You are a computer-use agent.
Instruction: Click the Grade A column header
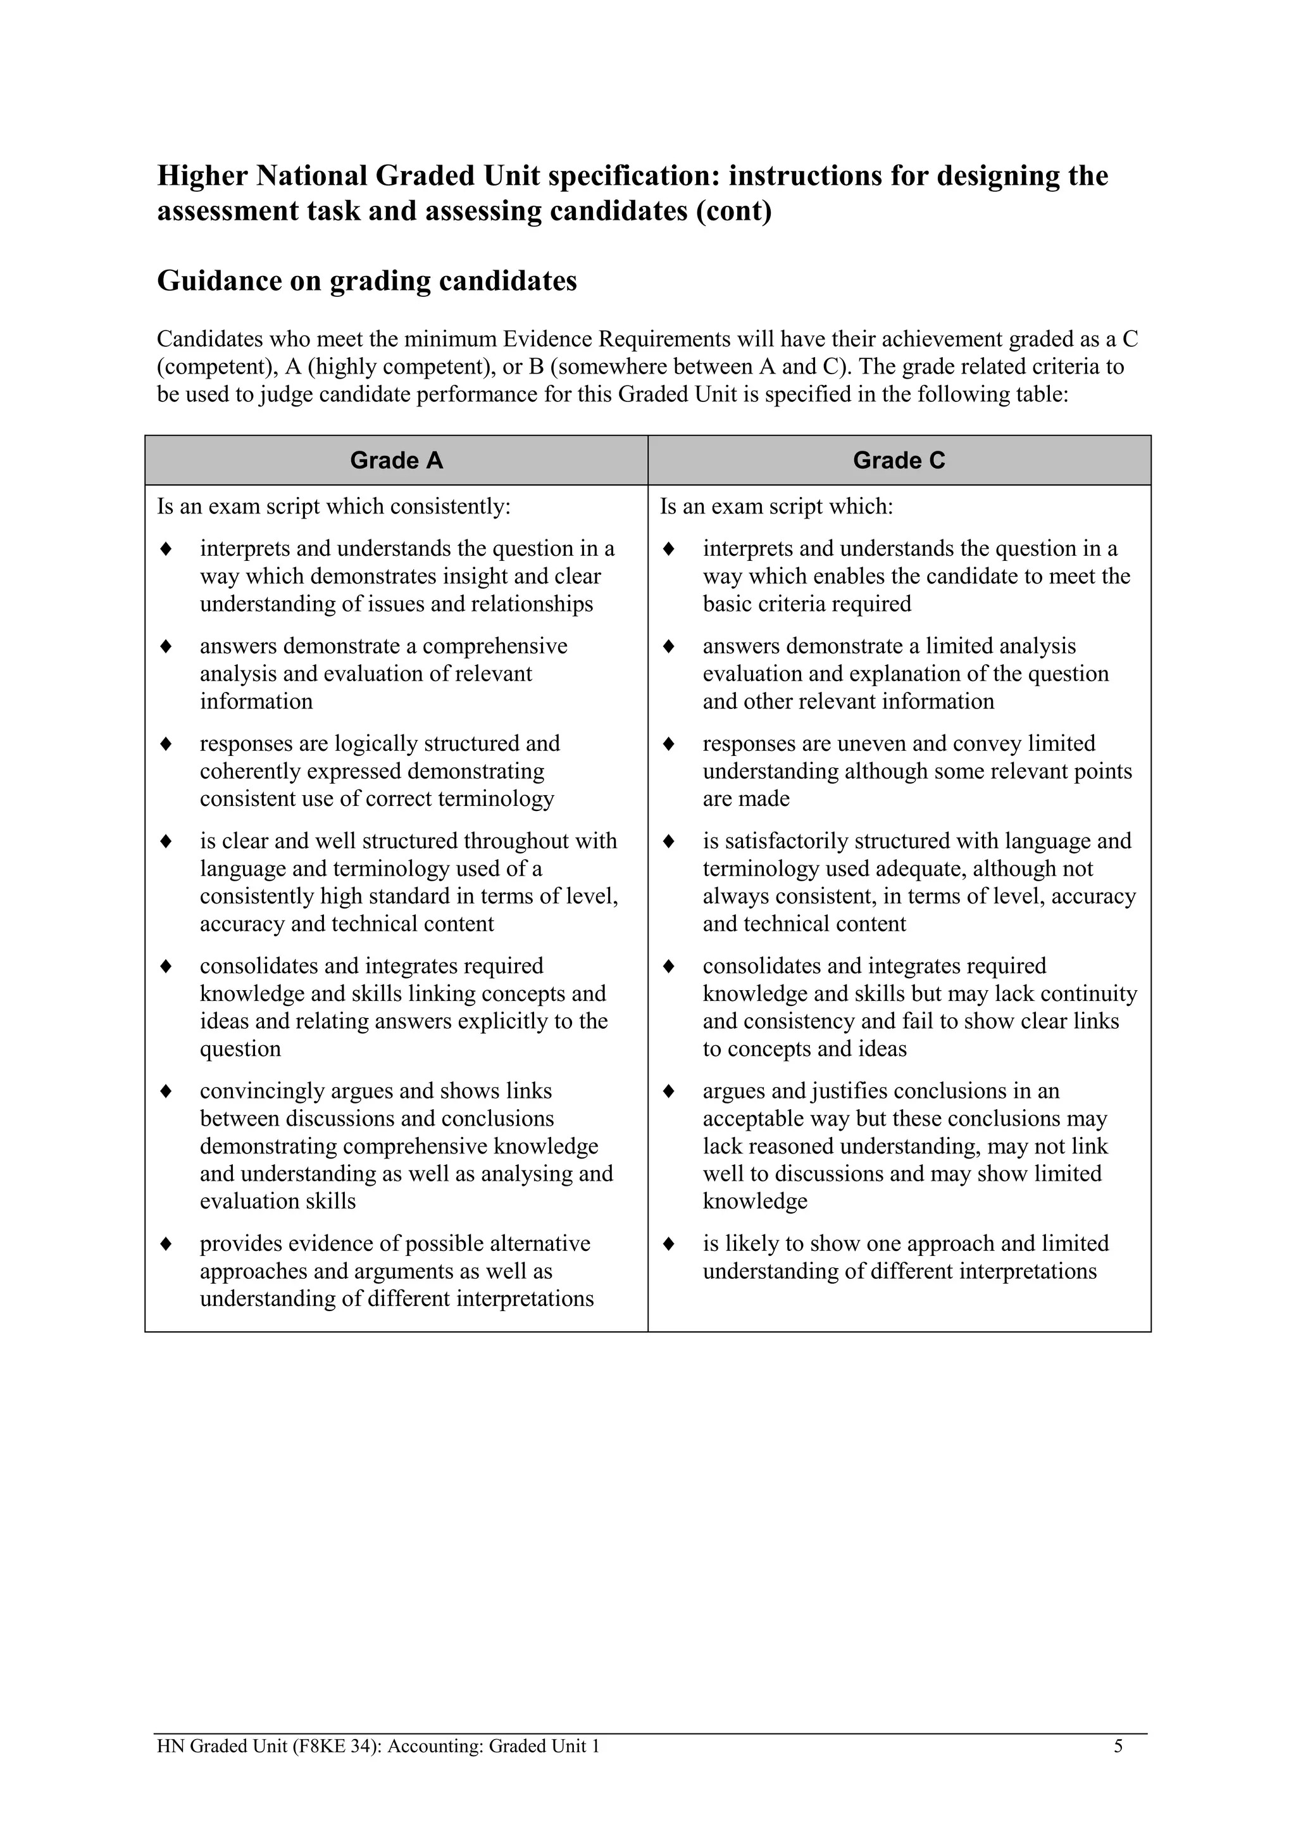pos(396,461)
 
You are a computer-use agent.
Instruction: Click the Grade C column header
pos(899,461)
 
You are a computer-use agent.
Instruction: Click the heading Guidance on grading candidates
pos(366,281)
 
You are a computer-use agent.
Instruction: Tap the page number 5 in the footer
pos(1118,1746)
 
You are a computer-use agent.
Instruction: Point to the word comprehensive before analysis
pos(494,646)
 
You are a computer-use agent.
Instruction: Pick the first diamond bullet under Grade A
pos(166,550)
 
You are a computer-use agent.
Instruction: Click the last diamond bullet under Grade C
pos(669,1245)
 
